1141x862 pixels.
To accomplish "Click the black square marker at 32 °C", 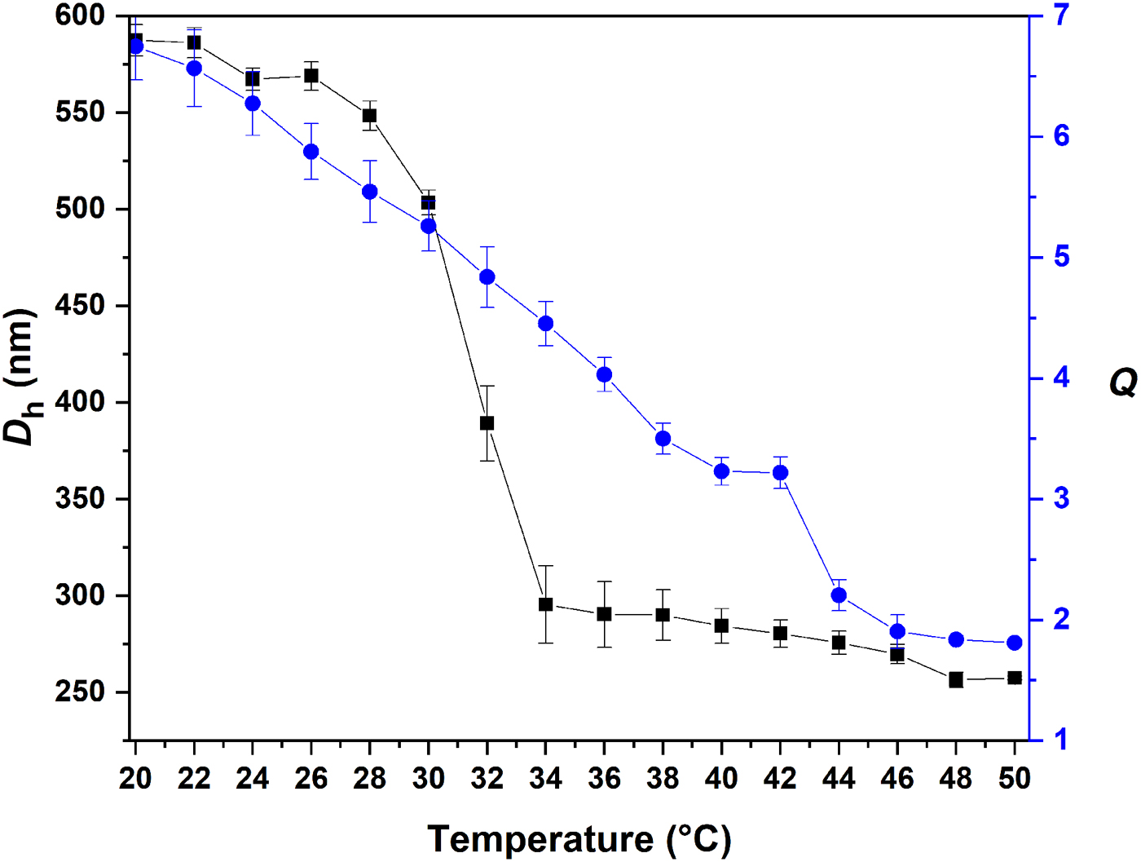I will tap(487, 423).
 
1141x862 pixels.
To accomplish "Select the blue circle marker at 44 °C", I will tap(839, 595).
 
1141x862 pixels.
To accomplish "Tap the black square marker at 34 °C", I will tap(546, 605).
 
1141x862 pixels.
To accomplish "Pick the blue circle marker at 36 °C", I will tap(604, 375).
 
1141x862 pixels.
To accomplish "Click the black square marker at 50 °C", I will tap(1015, 678).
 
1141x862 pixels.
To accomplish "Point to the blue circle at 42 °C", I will tap(780, 473).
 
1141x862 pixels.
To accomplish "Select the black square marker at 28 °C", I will tap(370, 116).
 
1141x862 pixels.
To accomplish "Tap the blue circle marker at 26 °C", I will tap(311, 152).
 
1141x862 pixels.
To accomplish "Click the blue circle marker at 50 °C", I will tap(1015, 643).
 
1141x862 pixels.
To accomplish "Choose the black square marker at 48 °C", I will tap(956, 680).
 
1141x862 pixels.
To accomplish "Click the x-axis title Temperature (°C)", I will tap(579, 839).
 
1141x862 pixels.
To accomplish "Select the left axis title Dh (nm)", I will tap(21, 377).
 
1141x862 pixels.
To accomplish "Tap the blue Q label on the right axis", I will tap(1123, 382).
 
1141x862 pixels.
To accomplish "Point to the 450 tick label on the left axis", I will tap(81, 306).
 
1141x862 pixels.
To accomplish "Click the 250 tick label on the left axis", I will tap(81, 692).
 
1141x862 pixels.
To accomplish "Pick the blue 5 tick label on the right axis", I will tap(1061, 258).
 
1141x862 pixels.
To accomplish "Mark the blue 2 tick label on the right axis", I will tap(1061, 620).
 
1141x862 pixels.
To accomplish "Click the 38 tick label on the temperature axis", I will tap(663, 779).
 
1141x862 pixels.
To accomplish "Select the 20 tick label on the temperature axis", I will tap(135, 779).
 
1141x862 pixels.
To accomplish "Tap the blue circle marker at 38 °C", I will tap(663, 439).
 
